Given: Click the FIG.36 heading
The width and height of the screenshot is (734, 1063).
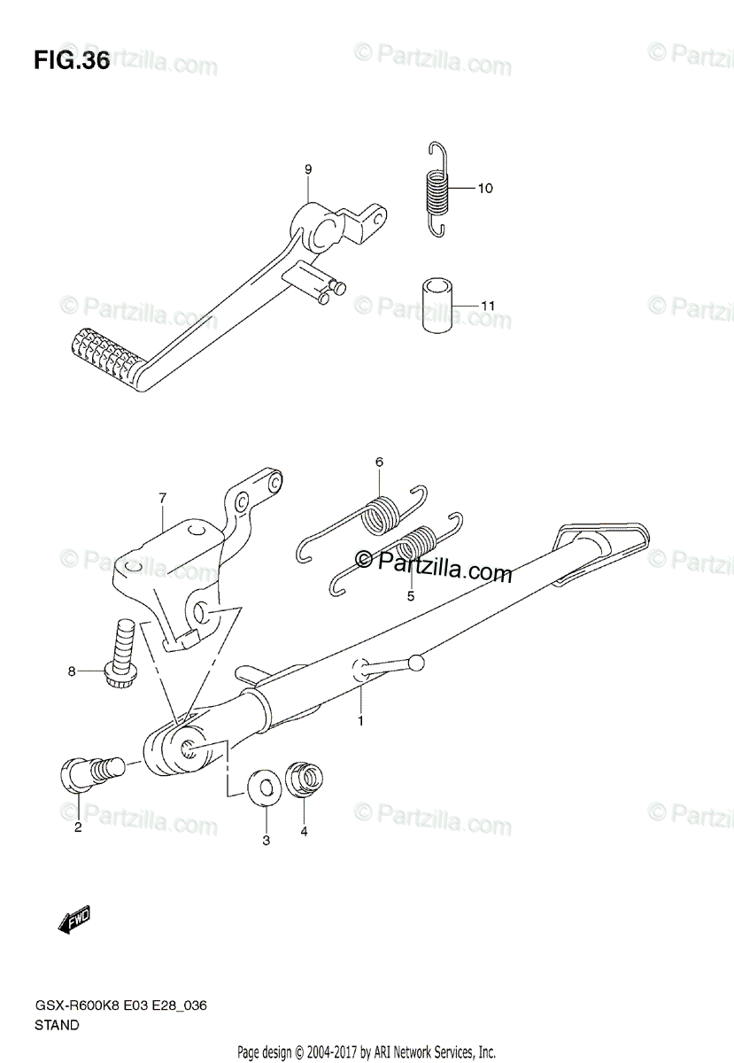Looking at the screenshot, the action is coord(72,61).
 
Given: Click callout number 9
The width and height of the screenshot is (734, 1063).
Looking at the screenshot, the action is coord(308,169).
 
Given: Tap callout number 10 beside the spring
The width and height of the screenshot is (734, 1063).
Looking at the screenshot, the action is coord(485,189).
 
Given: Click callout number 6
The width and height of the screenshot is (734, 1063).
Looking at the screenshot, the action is coord(379,462).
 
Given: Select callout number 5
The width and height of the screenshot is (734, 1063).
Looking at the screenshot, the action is coord(411,596).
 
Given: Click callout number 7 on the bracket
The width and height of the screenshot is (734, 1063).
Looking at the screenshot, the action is coord(163,499).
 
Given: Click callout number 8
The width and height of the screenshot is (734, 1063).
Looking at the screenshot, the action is coord(73,671).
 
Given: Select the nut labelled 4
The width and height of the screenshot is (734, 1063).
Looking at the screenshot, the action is coord(304,780).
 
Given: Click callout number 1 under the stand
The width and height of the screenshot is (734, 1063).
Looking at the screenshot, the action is coord(360,722).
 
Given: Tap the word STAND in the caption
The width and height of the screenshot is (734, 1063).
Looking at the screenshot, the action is coord(58,1025).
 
